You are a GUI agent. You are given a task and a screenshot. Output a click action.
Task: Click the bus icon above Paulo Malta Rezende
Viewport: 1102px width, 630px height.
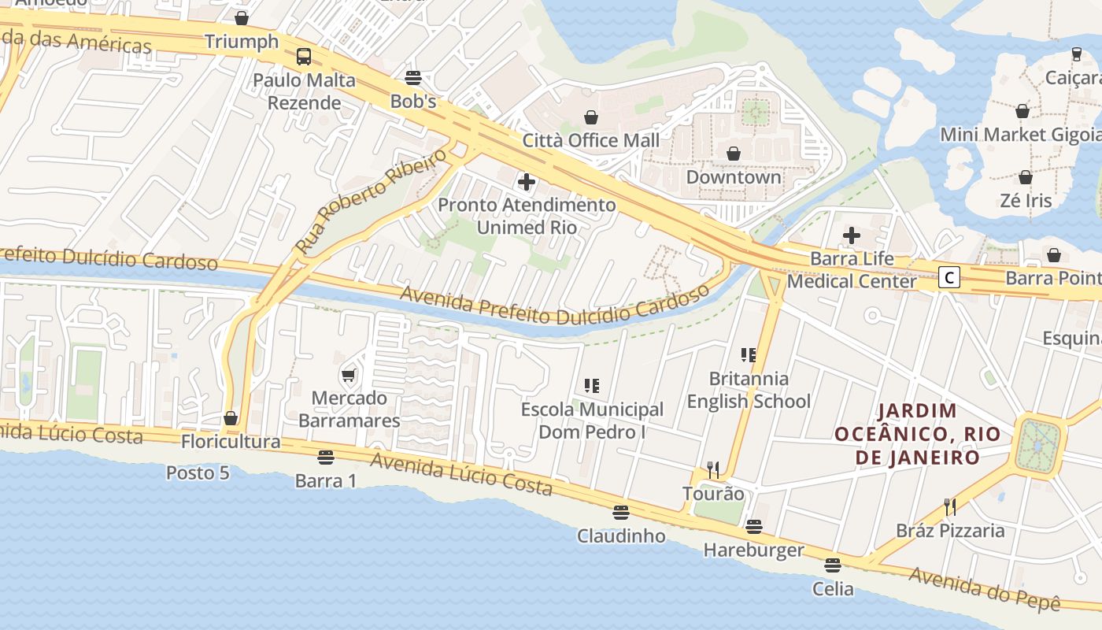[304, 57]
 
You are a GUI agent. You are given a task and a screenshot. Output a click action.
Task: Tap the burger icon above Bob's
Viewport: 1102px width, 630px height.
[413, 77]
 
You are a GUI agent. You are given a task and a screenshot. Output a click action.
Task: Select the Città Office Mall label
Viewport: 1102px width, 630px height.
[591, 140]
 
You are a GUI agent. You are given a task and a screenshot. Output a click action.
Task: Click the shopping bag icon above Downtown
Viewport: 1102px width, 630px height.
[734, 153]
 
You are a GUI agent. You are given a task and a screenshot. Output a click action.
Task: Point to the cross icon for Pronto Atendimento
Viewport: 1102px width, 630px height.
[527, 183]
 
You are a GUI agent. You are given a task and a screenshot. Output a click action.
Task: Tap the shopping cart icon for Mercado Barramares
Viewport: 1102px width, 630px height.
[349, 375]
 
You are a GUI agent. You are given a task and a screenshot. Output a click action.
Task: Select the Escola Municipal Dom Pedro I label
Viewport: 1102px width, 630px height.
[593, 421]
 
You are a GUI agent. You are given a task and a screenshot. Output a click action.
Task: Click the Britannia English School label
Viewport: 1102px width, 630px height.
[749, 390]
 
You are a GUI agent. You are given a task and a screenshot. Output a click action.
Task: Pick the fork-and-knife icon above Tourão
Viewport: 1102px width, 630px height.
[713, 470]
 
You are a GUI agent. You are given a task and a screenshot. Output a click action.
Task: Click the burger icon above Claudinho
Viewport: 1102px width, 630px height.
[621, 513]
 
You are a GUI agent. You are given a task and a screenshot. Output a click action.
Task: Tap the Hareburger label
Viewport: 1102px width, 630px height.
[753, 550]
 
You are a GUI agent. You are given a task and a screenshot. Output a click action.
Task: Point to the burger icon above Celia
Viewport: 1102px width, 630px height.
[833, 565]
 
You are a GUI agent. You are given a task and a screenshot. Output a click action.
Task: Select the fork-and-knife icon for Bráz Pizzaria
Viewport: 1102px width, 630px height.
[950, 506]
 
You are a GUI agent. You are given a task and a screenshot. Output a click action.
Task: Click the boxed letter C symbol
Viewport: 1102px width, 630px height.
[950, 277]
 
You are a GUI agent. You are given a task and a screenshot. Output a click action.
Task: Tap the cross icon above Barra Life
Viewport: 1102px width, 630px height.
[852, 235]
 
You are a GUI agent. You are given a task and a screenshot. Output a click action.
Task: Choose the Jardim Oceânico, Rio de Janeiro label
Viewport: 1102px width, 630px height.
[918, 434]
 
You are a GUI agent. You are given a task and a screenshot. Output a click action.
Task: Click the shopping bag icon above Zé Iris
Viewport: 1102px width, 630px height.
[1026, 177]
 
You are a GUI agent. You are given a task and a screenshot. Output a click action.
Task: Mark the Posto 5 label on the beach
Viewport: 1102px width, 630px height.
[198, 472]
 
